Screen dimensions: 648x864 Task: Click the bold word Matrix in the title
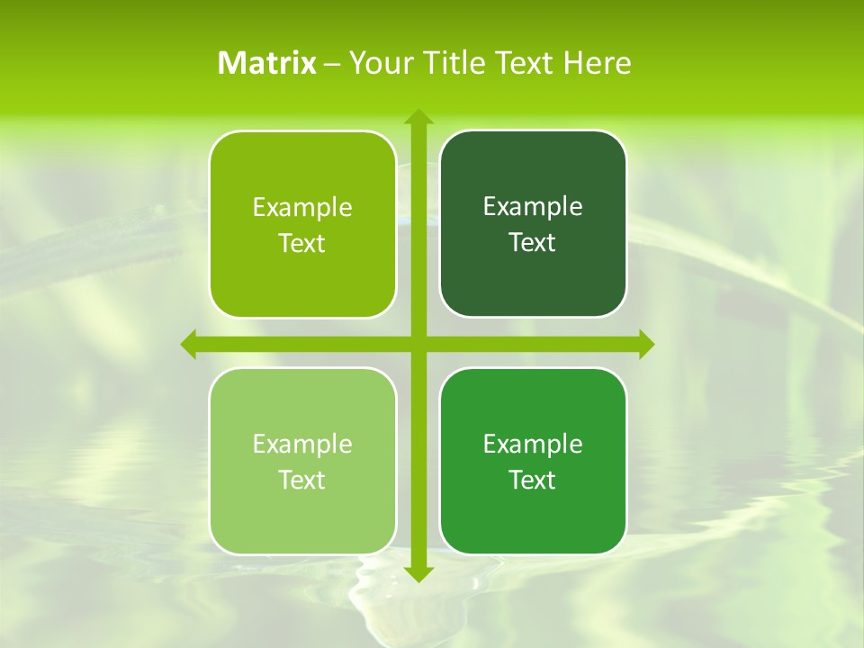267,63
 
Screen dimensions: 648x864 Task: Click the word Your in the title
379,63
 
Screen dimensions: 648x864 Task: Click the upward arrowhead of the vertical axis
418,118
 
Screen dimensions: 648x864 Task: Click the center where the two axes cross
418,345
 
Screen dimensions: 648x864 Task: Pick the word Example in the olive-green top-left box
302,208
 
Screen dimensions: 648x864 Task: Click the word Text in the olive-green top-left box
302,244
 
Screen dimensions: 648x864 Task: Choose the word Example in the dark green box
533,207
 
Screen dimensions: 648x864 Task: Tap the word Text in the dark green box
533,243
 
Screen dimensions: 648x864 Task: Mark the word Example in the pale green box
302,445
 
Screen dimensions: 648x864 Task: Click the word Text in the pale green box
302,481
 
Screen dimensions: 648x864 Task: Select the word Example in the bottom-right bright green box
533,445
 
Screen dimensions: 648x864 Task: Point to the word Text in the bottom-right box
533,481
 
